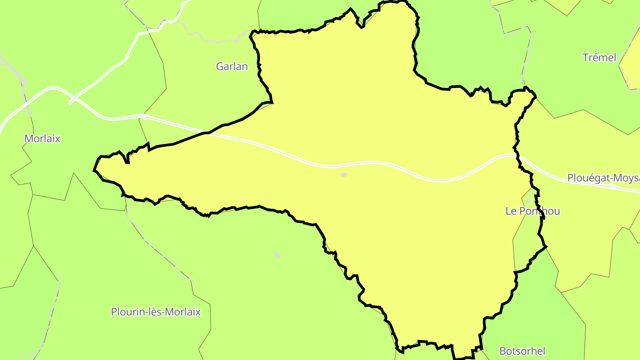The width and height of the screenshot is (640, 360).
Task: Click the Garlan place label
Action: pos(232,67)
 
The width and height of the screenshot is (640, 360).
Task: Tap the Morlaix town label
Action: pos(42,139)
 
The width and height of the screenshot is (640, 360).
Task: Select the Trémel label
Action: pos(599,57)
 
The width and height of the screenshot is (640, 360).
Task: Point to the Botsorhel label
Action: pos(522,351)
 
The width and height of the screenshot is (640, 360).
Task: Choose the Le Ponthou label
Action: pos(532,211)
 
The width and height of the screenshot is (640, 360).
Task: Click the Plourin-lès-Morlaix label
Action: pos(156,312)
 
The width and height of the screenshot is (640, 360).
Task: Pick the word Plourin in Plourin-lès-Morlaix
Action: pos(126,312)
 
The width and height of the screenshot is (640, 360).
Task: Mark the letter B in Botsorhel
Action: pos(503,351)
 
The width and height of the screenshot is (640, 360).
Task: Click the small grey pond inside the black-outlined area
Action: pos(344,175)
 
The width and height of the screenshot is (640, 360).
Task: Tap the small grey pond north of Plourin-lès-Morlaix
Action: pos(277,255)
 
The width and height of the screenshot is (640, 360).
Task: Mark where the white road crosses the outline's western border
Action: pos(206,132)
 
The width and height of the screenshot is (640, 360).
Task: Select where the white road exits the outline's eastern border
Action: pos(517,155)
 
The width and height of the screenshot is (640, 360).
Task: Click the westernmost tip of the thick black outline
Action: pos(94,170)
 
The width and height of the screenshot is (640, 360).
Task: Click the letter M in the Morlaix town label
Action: pos(28,139)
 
